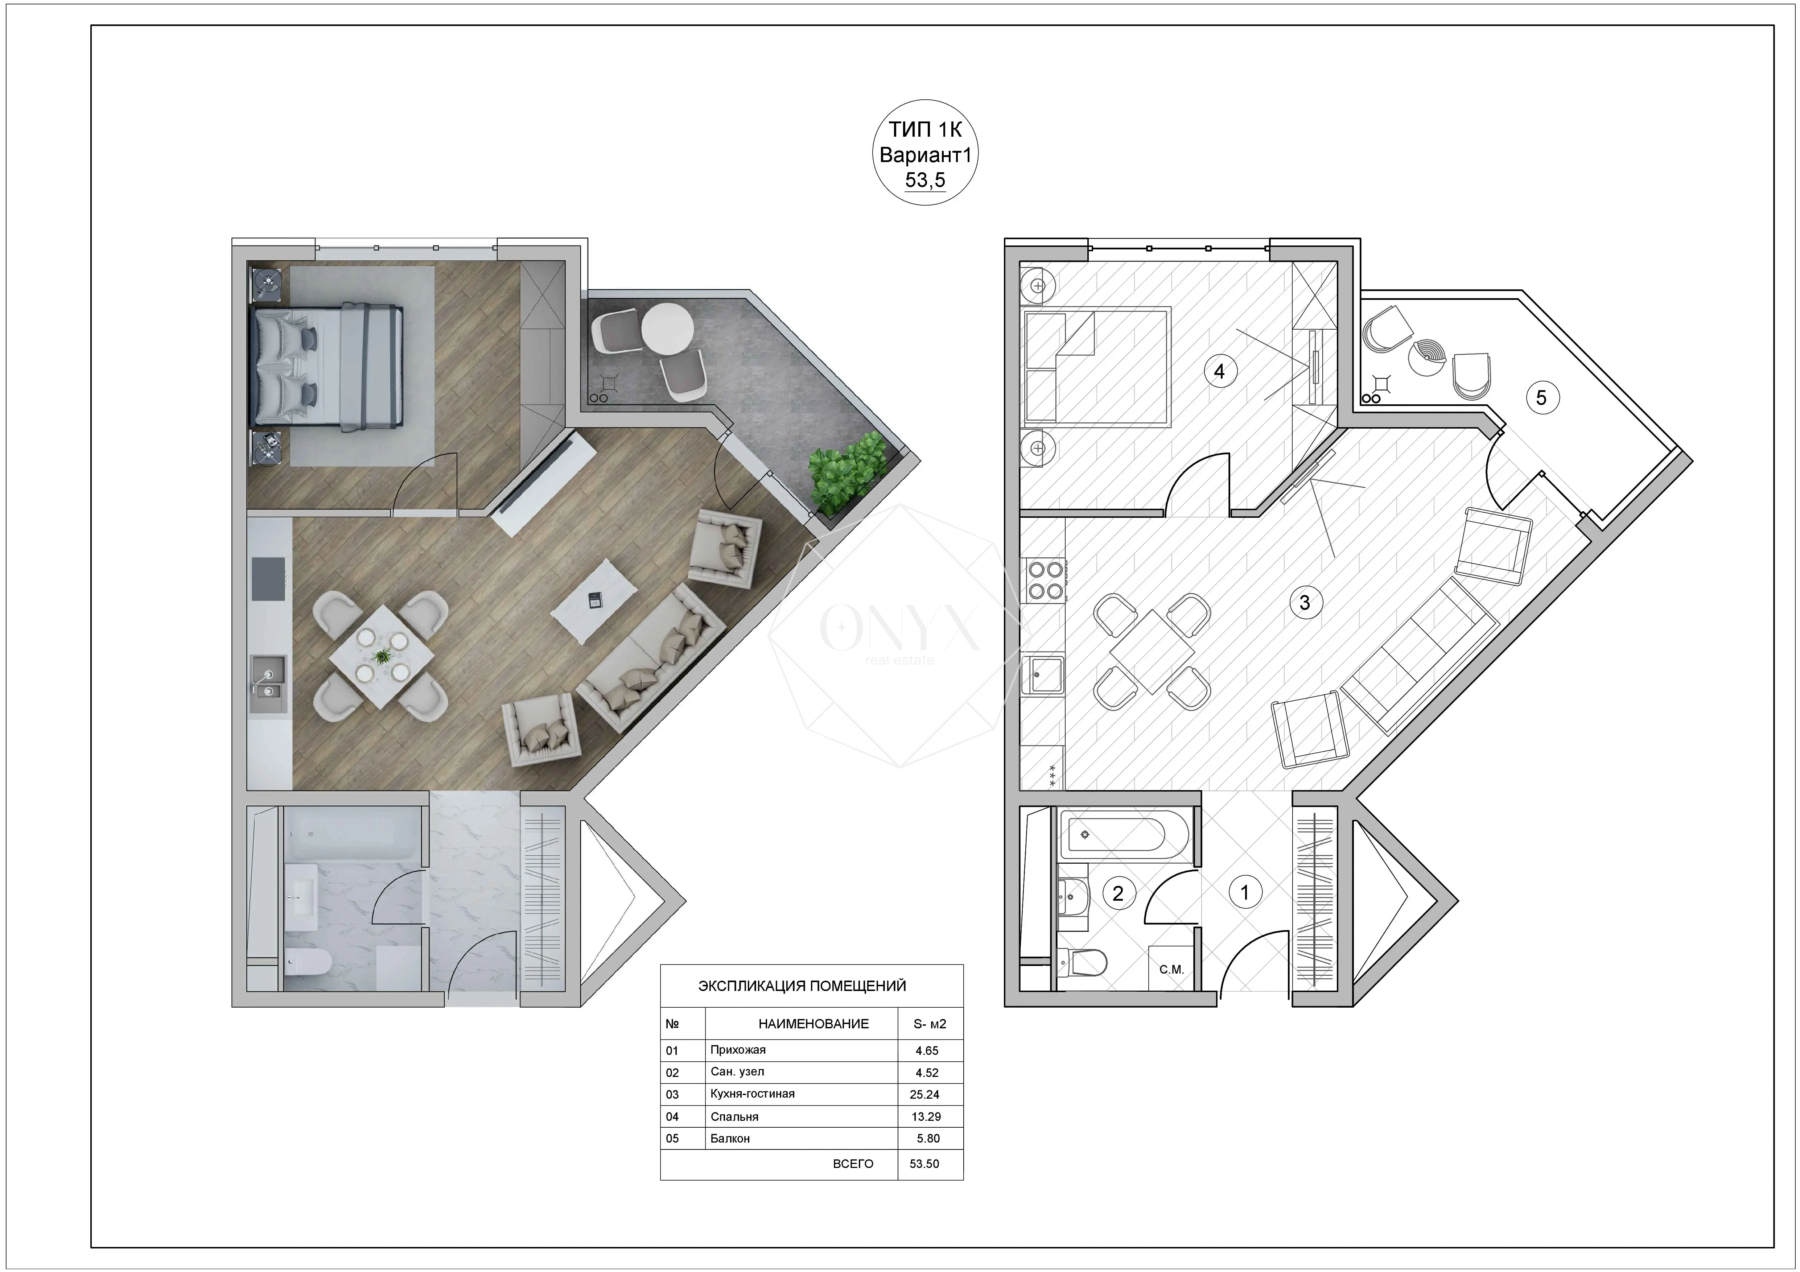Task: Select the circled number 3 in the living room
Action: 1305,603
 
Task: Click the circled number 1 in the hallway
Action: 1244,892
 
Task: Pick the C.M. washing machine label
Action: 1171,970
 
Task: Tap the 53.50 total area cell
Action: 924,1164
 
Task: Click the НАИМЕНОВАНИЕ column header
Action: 814,1024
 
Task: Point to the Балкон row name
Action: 730,1139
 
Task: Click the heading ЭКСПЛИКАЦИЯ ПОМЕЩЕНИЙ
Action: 802,986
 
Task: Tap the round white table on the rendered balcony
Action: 667,327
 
